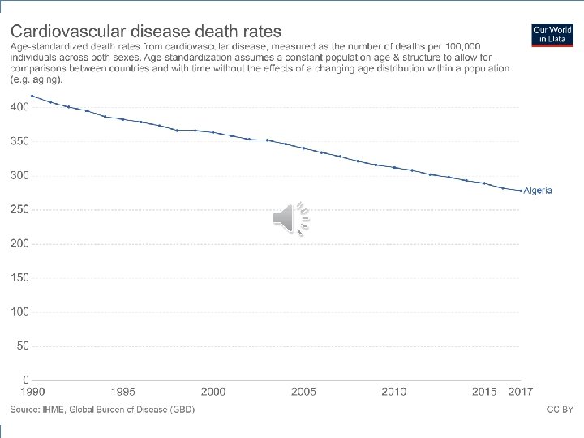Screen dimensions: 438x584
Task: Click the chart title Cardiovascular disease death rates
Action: pos(146,32)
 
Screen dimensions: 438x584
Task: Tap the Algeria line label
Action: pos(538,191)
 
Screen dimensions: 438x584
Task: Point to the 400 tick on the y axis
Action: pos(19,107)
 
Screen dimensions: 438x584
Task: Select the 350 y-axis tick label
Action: pos(19,141)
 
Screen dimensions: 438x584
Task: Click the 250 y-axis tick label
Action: pos(19,209)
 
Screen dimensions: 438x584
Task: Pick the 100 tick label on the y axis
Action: pos(19,311)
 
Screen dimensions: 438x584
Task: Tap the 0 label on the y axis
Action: pos(26,380)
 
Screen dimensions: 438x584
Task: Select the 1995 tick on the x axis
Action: pos(123,393)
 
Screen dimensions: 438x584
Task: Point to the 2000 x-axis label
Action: pos(213,393)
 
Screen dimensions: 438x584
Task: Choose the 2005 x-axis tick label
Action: pos(304,393)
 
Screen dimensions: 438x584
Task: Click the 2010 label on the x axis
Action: pos(394,393)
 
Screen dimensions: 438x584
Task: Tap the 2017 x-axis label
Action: pos(521,393)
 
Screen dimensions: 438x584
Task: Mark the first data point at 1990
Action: pos(32,96)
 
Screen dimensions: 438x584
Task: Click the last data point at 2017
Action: pos(520,191)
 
